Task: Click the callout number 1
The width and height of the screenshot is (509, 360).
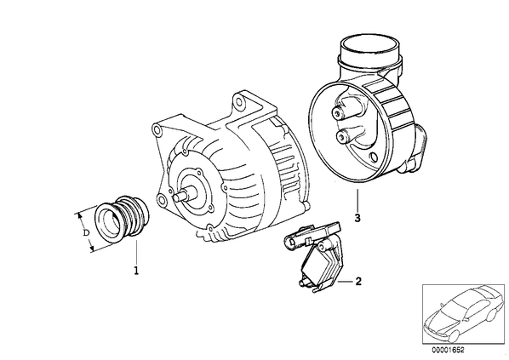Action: coord(136,270)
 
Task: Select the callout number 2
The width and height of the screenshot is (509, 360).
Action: coord(358,281)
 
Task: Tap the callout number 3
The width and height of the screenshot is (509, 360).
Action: coord(357,218)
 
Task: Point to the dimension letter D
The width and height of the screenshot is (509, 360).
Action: coord(86,232)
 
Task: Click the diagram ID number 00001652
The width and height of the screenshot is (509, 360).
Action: coord(448,350)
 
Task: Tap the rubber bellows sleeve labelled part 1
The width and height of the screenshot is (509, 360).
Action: coord(122,220)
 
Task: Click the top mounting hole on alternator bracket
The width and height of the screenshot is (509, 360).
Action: coord(239,101)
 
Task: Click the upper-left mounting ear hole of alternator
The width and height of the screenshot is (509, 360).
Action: coord(157,132)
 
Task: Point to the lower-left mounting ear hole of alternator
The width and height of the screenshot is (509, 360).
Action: coord(162,199)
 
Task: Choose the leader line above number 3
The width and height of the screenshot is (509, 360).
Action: coord(357,200)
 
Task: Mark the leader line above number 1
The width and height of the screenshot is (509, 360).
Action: coord(137,252)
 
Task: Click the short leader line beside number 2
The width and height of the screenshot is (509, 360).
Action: coord(345,282)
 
